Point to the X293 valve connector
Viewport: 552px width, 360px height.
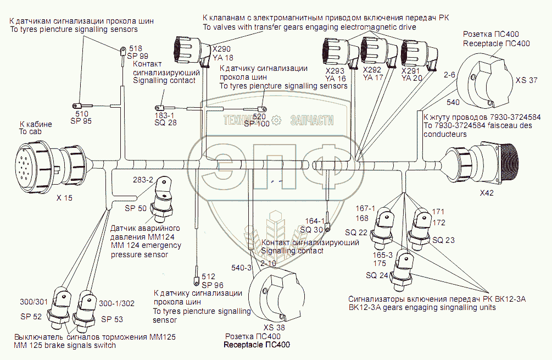pos(336,53)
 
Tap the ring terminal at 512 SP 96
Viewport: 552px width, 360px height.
pos(196,270)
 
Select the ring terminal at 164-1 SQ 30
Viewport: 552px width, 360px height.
pos(327,228)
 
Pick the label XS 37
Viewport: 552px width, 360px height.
pos(526,80)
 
